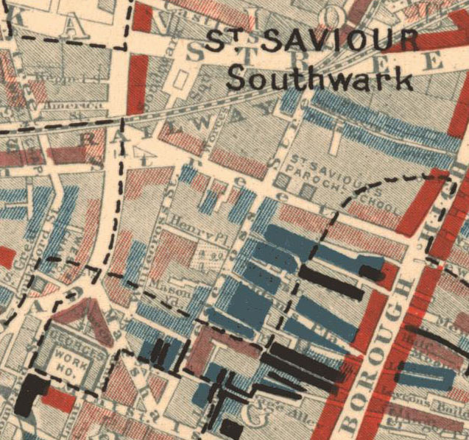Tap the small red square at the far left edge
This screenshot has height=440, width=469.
tap(6, 257)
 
